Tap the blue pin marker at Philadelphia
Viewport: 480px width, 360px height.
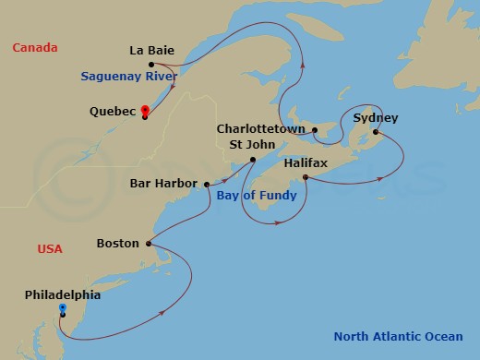(x=62, y=309)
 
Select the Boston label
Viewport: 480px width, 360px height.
(x=117, y=244)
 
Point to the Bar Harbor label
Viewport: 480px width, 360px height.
(x=163, y=184)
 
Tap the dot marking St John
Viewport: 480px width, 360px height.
(x=252, y=160)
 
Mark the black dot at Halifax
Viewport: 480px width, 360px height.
(x=305, y=175)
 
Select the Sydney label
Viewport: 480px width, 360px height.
(x=375, y=118)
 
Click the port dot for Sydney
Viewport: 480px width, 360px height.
(x=375, y=132)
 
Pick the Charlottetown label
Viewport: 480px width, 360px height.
(x=263, y=129)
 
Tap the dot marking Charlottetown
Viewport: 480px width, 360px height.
(x=313, y=129)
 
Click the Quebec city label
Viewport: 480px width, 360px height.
(x=114, y=112)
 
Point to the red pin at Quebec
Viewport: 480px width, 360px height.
(x=146, y=111)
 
